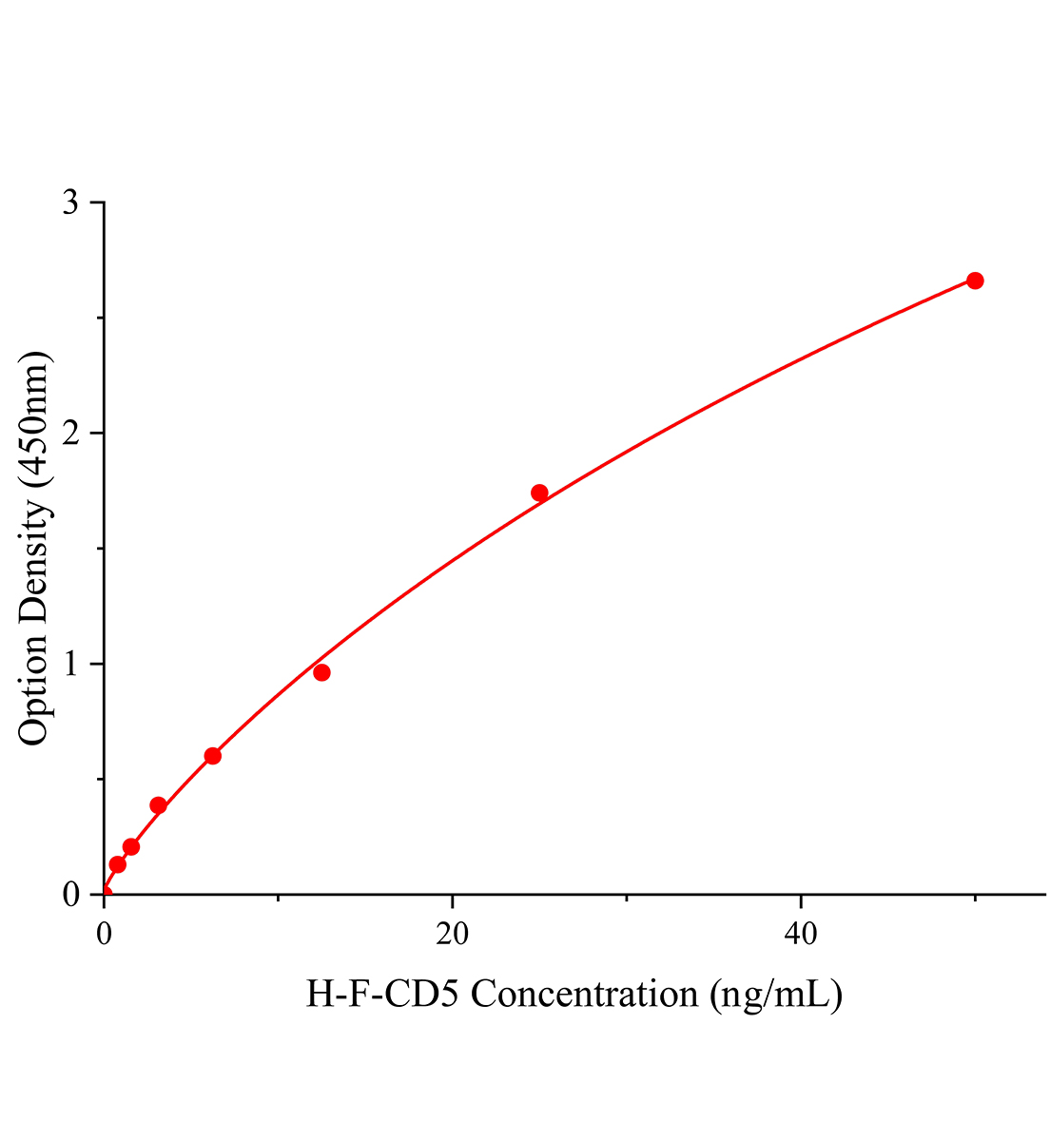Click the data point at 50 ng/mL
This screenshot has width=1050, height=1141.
point(975,280)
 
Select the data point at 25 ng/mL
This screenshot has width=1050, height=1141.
point(539,493)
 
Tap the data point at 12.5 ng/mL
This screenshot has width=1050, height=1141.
point(321,673)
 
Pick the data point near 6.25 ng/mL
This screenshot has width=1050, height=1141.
point(213,756)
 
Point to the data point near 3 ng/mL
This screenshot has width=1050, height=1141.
point(158,805)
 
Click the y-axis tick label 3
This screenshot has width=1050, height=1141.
point(70,203)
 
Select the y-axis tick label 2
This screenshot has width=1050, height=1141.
point(70,434)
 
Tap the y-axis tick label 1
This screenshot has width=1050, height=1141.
point(70,664)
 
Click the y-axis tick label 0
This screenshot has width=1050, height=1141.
point(70,894)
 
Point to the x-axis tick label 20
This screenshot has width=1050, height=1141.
point(452,935)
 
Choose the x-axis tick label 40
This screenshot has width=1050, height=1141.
point(801,935)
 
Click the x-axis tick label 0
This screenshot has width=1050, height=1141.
point(104,935)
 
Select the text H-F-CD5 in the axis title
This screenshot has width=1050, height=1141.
point(383,995)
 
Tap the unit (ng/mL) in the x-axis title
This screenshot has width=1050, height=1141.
point(774,996)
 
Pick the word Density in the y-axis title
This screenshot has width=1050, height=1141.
point(34,557)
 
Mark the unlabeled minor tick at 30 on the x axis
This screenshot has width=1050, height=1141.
point(626,898)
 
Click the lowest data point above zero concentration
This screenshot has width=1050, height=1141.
point(117,864)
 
